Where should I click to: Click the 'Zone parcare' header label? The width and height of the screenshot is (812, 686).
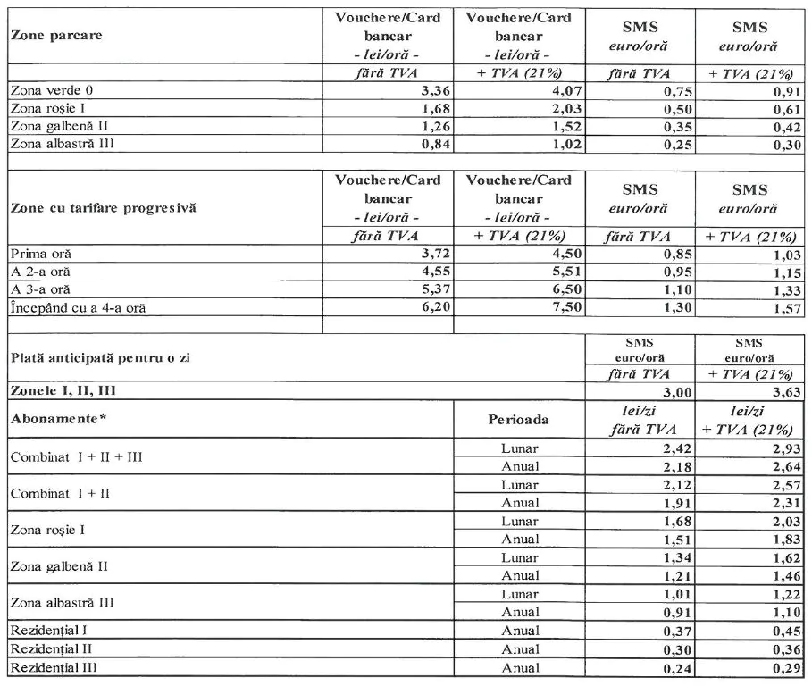(x=55, y=36)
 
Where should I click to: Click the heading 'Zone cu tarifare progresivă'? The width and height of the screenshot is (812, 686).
(x=103, y=208)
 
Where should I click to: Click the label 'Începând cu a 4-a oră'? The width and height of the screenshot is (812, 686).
(x=75, y=308)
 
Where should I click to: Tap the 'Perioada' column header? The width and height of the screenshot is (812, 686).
(x=520, y=418)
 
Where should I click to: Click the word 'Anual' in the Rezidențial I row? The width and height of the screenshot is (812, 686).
(x=521, y=632)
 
